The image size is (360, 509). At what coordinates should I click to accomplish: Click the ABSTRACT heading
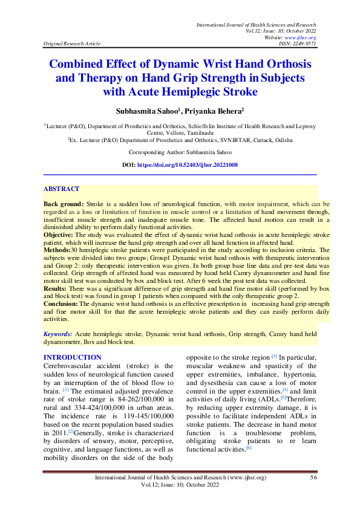pyautogui.click(x=61, y=189)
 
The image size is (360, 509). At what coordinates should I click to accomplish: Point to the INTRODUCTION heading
pyautogui.click(x=73, y=357)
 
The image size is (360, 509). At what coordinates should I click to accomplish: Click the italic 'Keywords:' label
pyautogui.click(x=58, y=334)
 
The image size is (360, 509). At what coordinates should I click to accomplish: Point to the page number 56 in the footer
pyautogui.click(x=313, y=478)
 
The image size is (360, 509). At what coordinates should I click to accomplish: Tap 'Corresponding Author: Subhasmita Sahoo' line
pyautogui.click(x=179, y=153)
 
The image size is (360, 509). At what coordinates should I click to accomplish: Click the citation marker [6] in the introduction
pyautogui.click(x=248, y=449)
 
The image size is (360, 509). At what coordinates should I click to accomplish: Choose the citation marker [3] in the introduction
pyautogui.click(x=257, y=357)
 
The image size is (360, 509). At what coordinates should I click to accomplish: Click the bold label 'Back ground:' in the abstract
pyautogui.click(x=64, y=204)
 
